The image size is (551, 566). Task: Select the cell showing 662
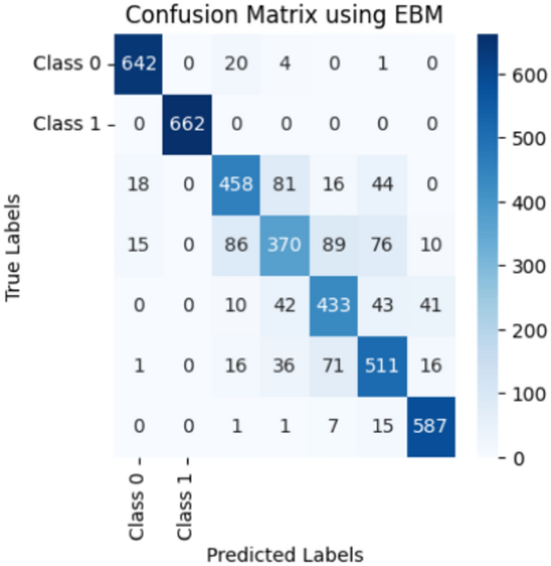[187, 124]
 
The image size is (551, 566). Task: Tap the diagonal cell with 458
[236, 184]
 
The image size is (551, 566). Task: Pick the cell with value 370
[286, 244]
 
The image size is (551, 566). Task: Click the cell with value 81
[286, 184]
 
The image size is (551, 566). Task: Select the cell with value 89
[335, 244]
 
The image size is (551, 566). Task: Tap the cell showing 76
[384, 244]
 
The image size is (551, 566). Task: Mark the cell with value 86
[236, 244]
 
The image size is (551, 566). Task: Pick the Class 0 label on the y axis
[68, 64]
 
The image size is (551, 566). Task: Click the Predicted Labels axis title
[285, 554]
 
